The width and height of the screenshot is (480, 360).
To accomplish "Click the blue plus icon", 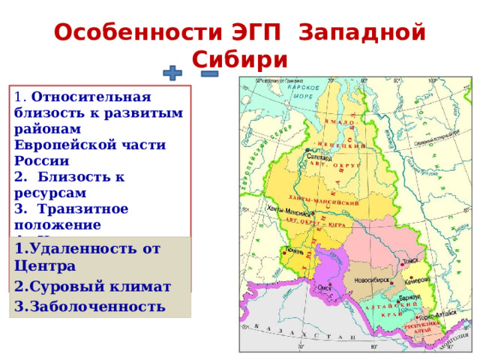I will click(x=172, y=73).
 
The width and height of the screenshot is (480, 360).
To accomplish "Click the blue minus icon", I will click(x=209, y=73).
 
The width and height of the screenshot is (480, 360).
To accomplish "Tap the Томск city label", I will click(x=411, y=262).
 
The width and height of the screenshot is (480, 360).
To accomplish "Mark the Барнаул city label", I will click(x=409, y=298).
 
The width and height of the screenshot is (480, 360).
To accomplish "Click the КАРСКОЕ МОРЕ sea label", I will click(x=304, y=92).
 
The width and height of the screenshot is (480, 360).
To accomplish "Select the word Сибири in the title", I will click(x=240, y=58).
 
